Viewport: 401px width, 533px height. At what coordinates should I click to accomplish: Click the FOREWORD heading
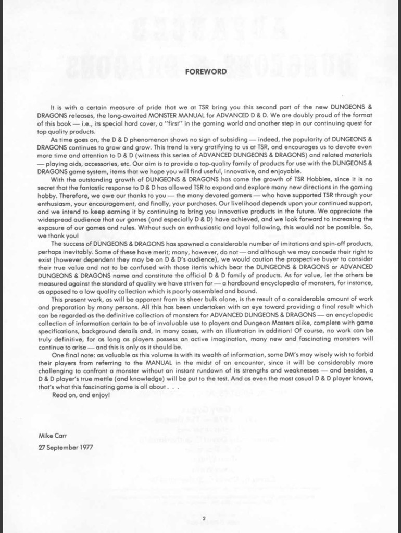(x=206, y=72)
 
